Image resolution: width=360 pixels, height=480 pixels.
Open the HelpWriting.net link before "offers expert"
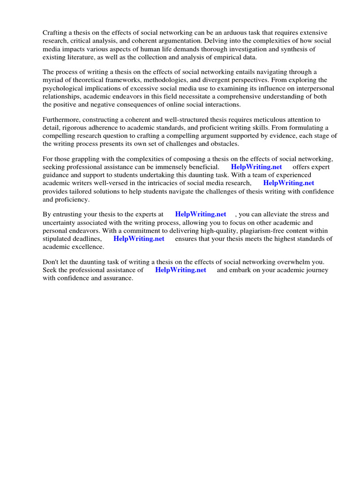tap(256, 167)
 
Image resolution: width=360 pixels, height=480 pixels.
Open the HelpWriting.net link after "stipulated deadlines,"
tap(139, 239)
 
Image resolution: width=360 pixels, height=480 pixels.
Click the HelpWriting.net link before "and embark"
tap(180, 270)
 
